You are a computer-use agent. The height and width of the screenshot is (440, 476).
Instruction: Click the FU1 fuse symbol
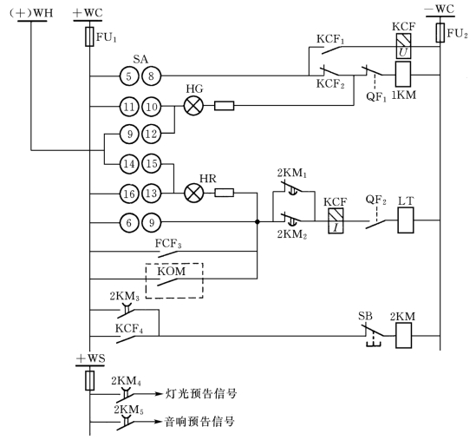tap(89, 36)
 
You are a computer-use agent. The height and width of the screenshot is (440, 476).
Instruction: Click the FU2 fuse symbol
tap(440, 33)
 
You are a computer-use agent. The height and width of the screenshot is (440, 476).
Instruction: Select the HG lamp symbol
tap(193, 106)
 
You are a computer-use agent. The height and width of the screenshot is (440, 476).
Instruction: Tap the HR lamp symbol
tap(193, 193)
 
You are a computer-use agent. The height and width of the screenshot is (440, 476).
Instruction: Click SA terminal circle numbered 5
tap(129, 76)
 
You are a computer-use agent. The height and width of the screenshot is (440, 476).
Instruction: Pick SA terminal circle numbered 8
tap(152, 76)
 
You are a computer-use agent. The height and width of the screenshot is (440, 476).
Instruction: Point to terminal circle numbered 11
tap(129, 107)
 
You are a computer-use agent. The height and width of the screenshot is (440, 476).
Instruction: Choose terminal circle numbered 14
tap(129, 164)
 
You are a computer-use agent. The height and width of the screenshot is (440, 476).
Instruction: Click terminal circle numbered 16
tap(129, 194)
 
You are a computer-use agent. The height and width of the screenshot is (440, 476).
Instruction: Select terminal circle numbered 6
tap(129, 223)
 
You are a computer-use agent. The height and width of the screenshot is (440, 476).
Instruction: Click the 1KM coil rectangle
tap(403, 74)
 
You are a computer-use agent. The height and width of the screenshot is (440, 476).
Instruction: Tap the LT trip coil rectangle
tap(406, 220)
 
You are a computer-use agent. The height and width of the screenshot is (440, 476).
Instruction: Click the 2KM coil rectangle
tap(404, 336)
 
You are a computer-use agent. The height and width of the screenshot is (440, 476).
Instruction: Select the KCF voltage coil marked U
tap(403, 46)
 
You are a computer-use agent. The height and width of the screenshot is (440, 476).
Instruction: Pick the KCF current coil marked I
tap(336, 220)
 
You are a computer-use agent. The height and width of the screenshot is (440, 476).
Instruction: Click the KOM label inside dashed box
tap(171, 271)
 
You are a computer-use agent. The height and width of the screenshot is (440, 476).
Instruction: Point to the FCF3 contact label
tap(168, 244)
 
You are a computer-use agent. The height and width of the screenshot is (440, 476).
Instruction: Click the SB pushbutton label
tap(365, 316)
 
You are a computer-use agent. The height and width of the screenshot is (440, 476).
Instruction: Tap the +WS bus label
tap(90, 359)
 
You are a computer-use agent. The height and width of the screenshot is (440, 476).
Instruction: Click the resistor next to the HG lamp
tap(225, 106)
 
